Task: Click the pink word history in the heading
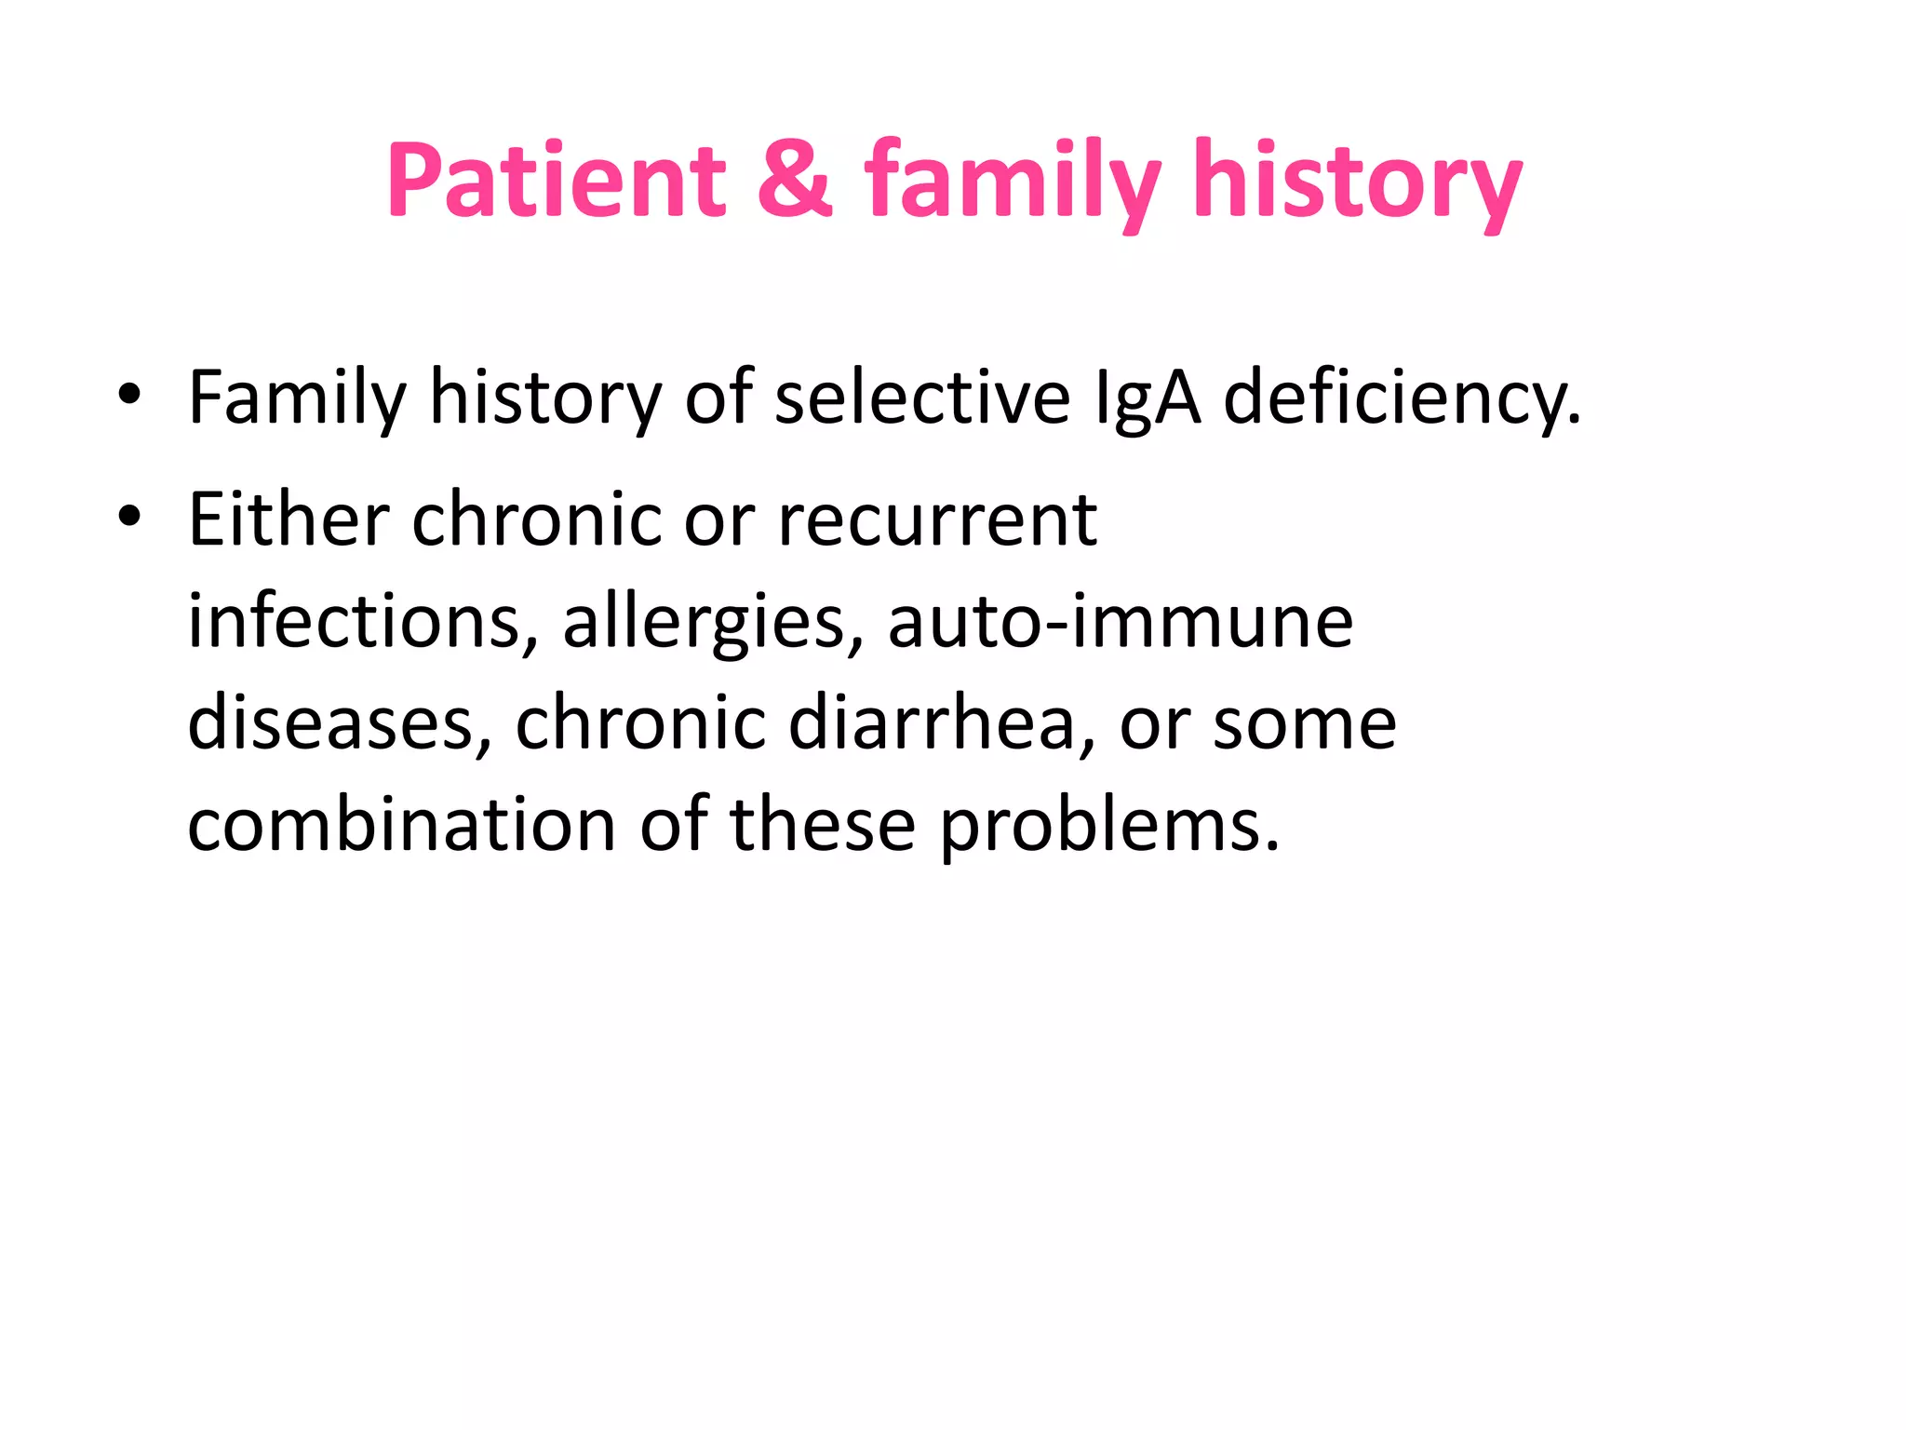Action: pos(1358,182)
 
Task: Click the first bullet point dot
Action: pos(129,395)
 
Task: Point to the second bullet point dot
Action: pos(129,517)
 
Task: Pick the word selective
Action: pos(922,397)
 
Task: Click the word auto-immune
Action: pos(1120,621)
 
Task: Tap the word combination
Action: pos(401,825)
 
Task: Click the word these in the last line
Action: pos(823,825)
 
